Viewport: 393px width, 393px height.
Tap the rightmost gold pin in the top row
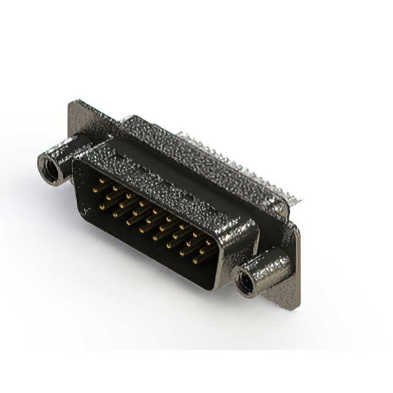click(211, 241)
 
